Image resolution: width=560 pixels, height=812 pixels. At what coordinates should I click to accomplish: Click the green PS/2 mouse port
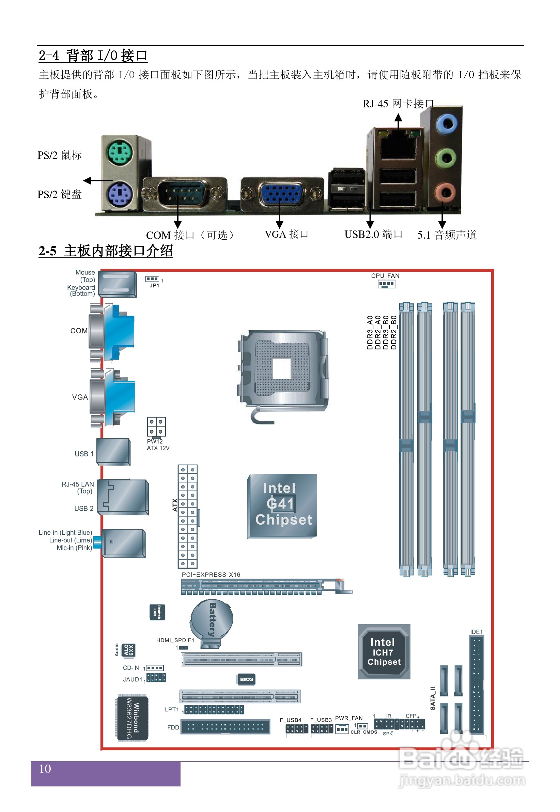pyautogui.click(x=120, y=153)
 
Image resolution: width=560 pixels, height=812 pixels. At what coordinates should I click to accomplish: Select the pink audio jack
pyautogui.click(x=446, y=192)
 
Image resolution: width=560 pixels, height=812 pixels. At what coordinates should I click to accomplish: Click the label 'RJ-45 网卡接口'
pyautogui.click(x=398, y=104)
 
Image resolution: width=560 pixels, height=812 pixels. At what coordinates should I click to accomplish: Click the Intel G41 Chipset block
pyautogui.click(x=282, y=506)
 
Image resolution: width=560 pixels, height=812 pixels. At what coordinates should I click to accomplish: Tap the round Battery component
pyautogui.click(x=212, y=621)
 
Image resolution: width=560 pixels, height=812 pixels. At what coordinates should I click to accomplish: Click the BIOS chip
pyautogui.click(x=246, y=679)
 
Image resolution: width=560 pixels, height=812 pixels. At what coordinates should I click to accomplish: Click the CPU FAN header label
pyautogui.click(x=385, y=276)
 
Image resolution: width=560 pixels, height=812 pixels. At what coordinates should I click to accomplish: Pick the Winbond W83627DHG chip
pyautogui.click(x=131, y=718)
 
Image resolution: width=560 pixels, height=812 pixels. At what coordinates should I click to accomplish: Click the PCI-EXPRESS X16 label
pyautogui.click(x=211, y=575)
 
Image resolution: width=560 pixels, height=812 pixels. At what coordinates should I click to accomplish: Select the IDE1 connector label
pyautogui.click(x=476, y=632)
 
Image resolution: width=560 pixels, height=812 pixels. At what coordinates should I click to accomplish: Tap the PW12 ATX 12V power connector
pyautogui.click(x=156, y=426)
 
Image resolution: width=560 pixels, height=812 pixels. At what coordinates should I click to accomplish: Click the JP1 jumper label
pyautogui.click(x=154, y=286)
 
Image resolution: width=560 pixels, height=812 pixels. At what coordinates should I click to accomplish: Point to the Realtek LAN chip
pyautogui.click(x=157, y=612)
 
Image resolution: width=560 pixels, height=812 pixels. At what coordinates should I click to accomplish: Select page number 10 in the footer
pyautogui.click(x=45, y=769)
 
